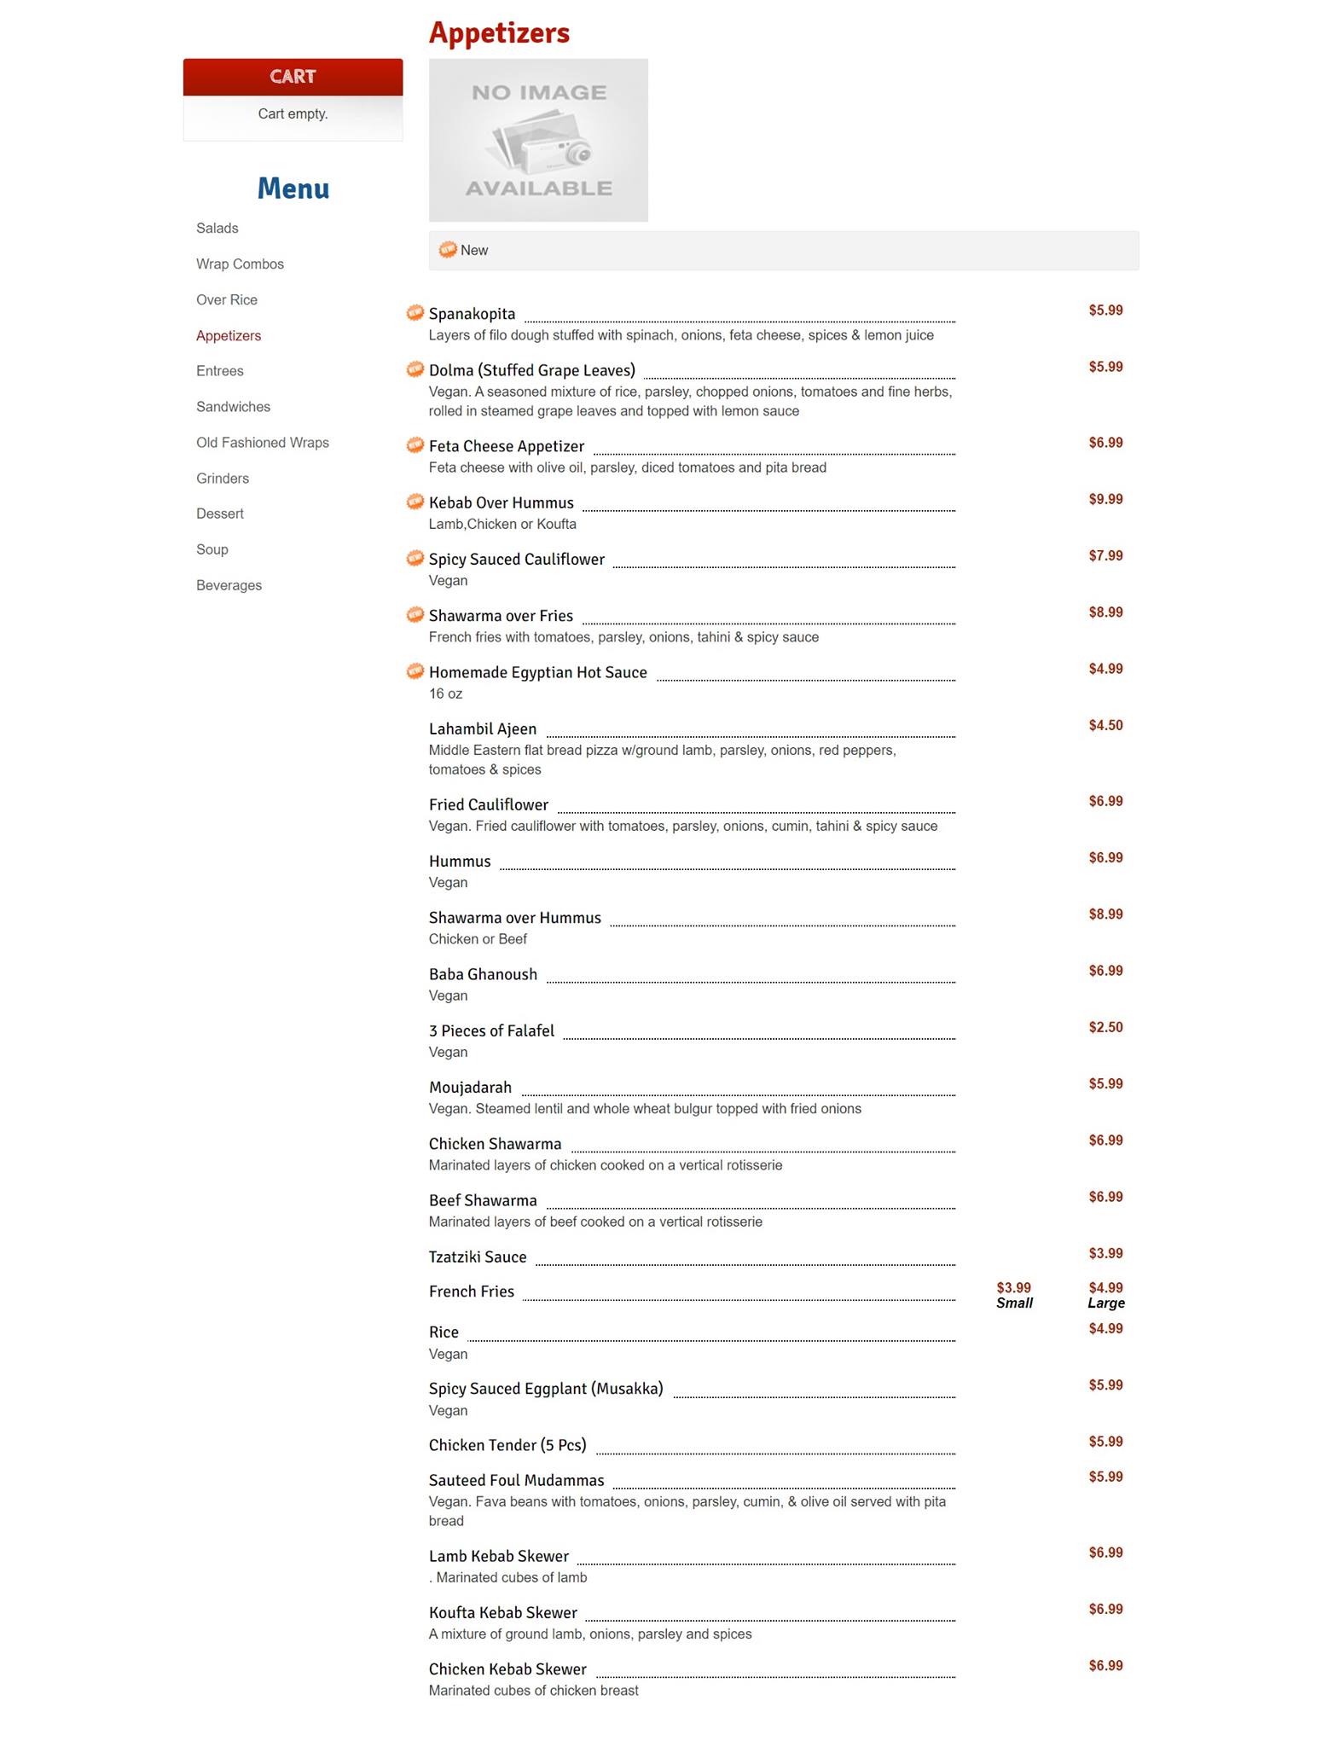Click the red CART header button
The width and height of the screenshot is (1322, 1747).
point(293,77)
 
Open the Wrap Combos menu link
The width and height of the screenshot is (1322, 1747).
point(240,264)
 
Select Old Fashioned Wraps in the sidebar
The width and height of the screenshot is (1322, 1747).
point(262,443)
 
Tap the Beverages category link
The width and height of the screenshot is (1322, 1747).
point(229,585)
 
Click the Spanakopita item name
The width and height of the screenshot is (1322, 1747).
point(472,314)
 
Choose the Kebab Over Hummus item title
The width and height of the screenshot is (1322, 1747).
point(501,503)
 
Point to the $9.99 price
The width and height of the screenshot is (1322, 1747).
point(1105,499)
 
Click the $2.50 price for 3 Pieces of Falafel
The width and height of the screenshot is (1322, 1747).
point(1105,1027)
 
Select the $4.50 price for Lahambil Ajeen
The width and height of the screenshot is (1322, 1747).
point(1105,725)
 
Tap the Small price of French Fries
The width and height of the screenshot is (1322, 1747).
point(1013,1288)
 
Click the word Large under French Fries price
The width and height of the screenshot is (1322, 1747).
point(1105,1303)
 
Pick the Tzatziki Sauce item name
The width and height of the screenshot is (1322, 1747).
point(478,1257)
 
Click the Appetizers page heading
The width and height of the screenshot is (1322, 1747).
point(499,33)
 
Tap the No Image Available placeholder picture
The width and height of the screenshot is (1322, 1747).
point(538,140)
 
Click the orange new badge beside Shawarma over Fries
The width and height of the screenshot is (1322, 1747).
point(415,615)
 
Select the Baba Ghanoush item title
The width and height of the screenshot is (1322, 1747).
point(483,974)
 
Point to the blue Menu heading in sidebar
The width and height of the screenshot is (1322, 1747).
point(293,189)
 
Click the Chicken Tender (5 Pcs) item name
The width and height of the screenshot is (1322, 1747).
point(507,1445)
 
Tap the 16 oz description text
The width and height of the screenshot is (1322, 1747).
point(445,694)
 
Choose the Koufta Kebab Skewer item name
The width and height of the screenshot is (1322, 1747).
point(502,1612)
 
